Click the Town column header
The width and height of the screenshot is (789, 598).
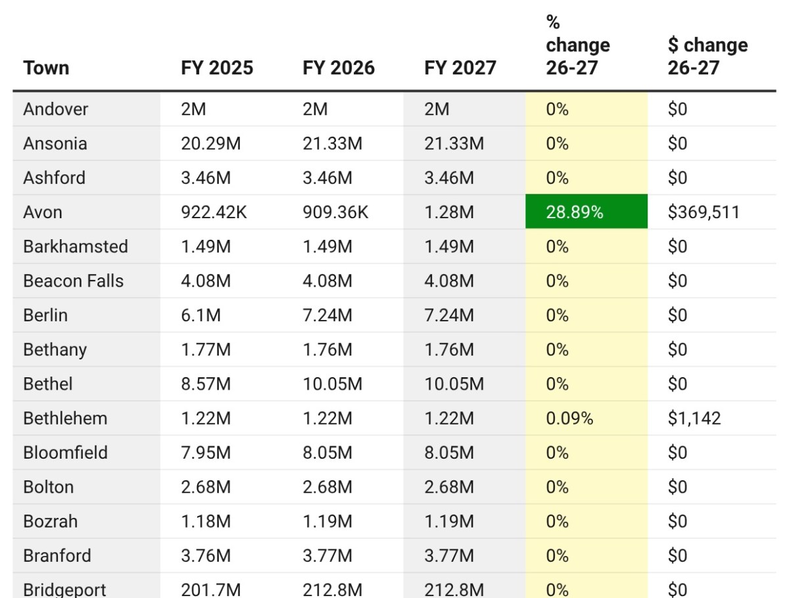[x=46, y=68]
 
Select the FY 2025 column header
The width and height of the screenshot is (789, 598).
[x=217, y=68]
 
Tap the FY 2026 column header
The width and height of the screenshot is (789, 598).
[x=339, y=68]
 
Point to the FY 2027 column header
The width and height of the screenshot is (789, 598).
[x=460, y=68]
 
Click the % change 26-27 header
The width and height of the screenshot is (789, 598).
[x=577, y=45]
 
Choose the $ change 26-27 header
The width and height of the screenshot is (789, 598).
[x=707, y=56]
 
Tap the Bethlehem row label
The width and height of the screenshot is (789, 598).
[x=65, y=418]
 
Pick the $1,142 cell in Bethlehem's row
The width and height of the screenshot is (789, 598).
[x=694, y=418]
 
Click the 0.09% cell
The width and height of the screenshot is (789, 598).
[x=569, y=418]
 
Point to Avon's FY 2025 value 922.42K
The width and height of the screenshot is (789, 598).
[x=214, y=212]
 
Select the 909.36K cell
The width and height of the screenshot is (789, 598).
[x=335, y=212]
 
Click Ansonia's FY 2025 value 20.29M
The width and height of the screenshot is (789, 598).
[x=211, y=143]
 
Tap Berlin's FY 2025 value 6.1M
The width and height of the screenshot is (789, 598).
[x=201, y=315]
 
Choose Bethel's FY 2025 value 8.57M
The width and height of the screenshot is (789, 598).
[x=206, y=384]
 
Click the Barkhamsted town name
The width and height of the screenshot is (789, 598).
[x=76, y=246]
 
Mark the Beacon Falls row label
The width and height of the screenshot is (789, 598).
[x=73, y=281]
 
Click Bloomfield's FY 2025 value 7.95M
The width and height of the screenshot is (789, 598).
[x=206, y=452]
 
